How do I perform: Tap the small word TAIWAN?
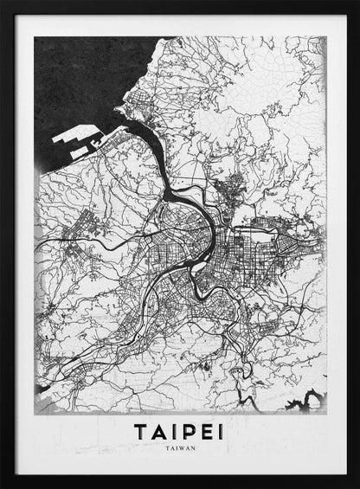pyautogui.click(x=179, y=448)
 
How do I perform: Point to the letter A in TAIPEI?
pyautogui.click(x=159, y=430)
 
